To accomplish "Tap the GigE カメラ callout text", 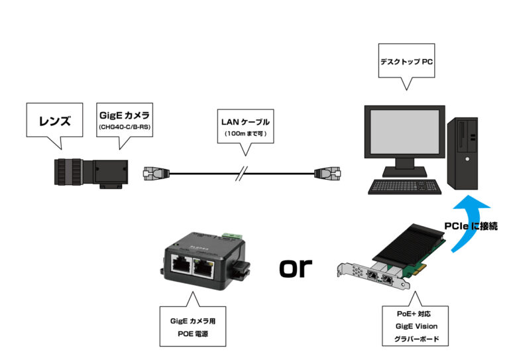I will [x=125, y=114].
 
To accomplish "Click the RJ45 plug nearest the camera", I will [x=157, y=174].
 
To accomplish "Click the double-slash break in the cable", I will [x=243, y=174].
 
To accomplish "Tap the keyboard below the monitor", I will [x=404, y=187].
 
